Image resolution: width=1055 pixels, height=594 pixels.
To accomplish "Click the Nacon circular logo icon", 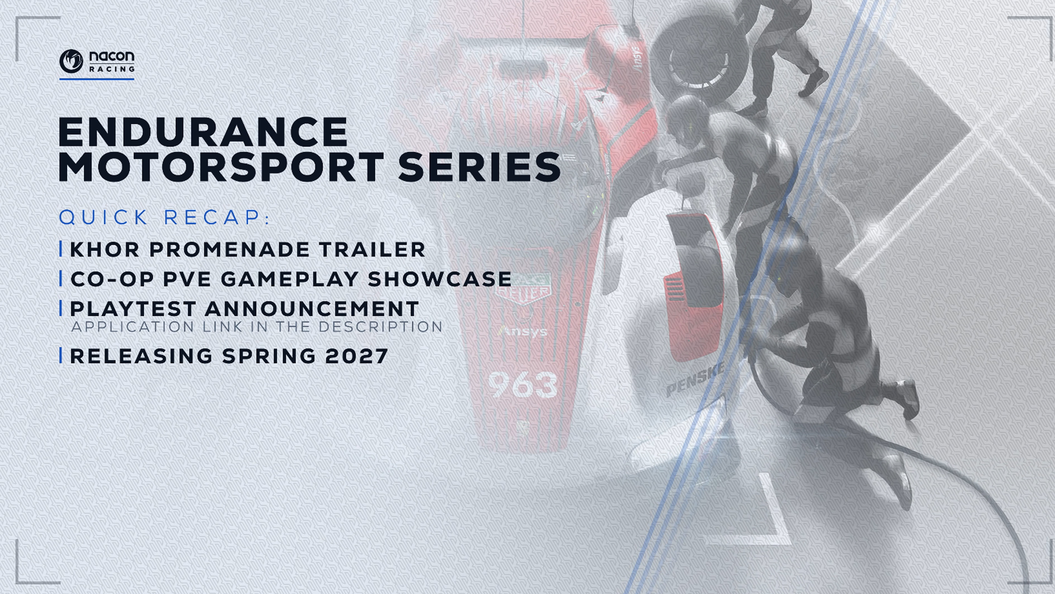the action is (x=71, y=61).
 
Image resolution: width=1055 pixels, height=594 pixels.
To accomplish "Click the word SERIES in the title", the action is (x=479, y=167).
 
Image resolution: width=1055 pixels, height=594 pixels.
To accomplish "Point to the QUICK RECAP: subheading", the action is (x=165, y=217).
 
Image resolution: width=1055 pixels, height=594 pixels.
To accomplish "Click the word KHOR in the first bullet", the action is (x=104, y=250).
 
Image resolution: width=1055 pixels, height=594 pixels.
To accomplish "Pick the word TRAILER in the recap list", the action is (x=372, y=250).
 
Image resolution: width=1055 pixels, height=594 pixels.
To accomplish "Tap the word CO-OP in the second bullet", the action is (x=112, y=279).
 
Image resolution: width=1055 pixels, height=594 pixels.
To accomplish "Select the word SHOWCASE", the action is (x=440, y=279).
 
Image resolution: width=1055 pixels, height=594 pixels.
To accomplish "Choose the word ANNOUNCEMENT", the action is (x=312, y=309).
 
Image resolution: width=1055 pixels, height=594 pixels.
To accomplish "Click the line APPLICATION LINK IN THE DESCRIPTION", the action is (x=257, y=327).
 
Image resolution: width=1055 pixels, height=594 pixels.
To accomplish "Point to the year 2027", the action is (x=357, y=356).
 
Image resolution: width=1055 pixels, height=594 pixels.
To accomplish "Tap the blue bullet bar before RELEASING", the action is (x=61, y=355).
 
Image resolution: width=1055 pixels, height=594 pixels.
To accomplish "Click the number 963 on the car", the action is (x=523, y=384).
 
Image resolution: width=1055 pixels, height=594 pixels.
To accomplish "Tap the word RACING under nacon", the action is (x=112, y=69).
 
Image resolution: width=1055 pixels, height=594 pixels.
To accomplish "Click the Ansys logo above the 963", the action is (x=523, y=331).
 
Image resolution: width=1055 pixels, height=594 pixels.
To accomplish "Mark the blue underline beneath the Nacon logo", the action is (x=97, y=79).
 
